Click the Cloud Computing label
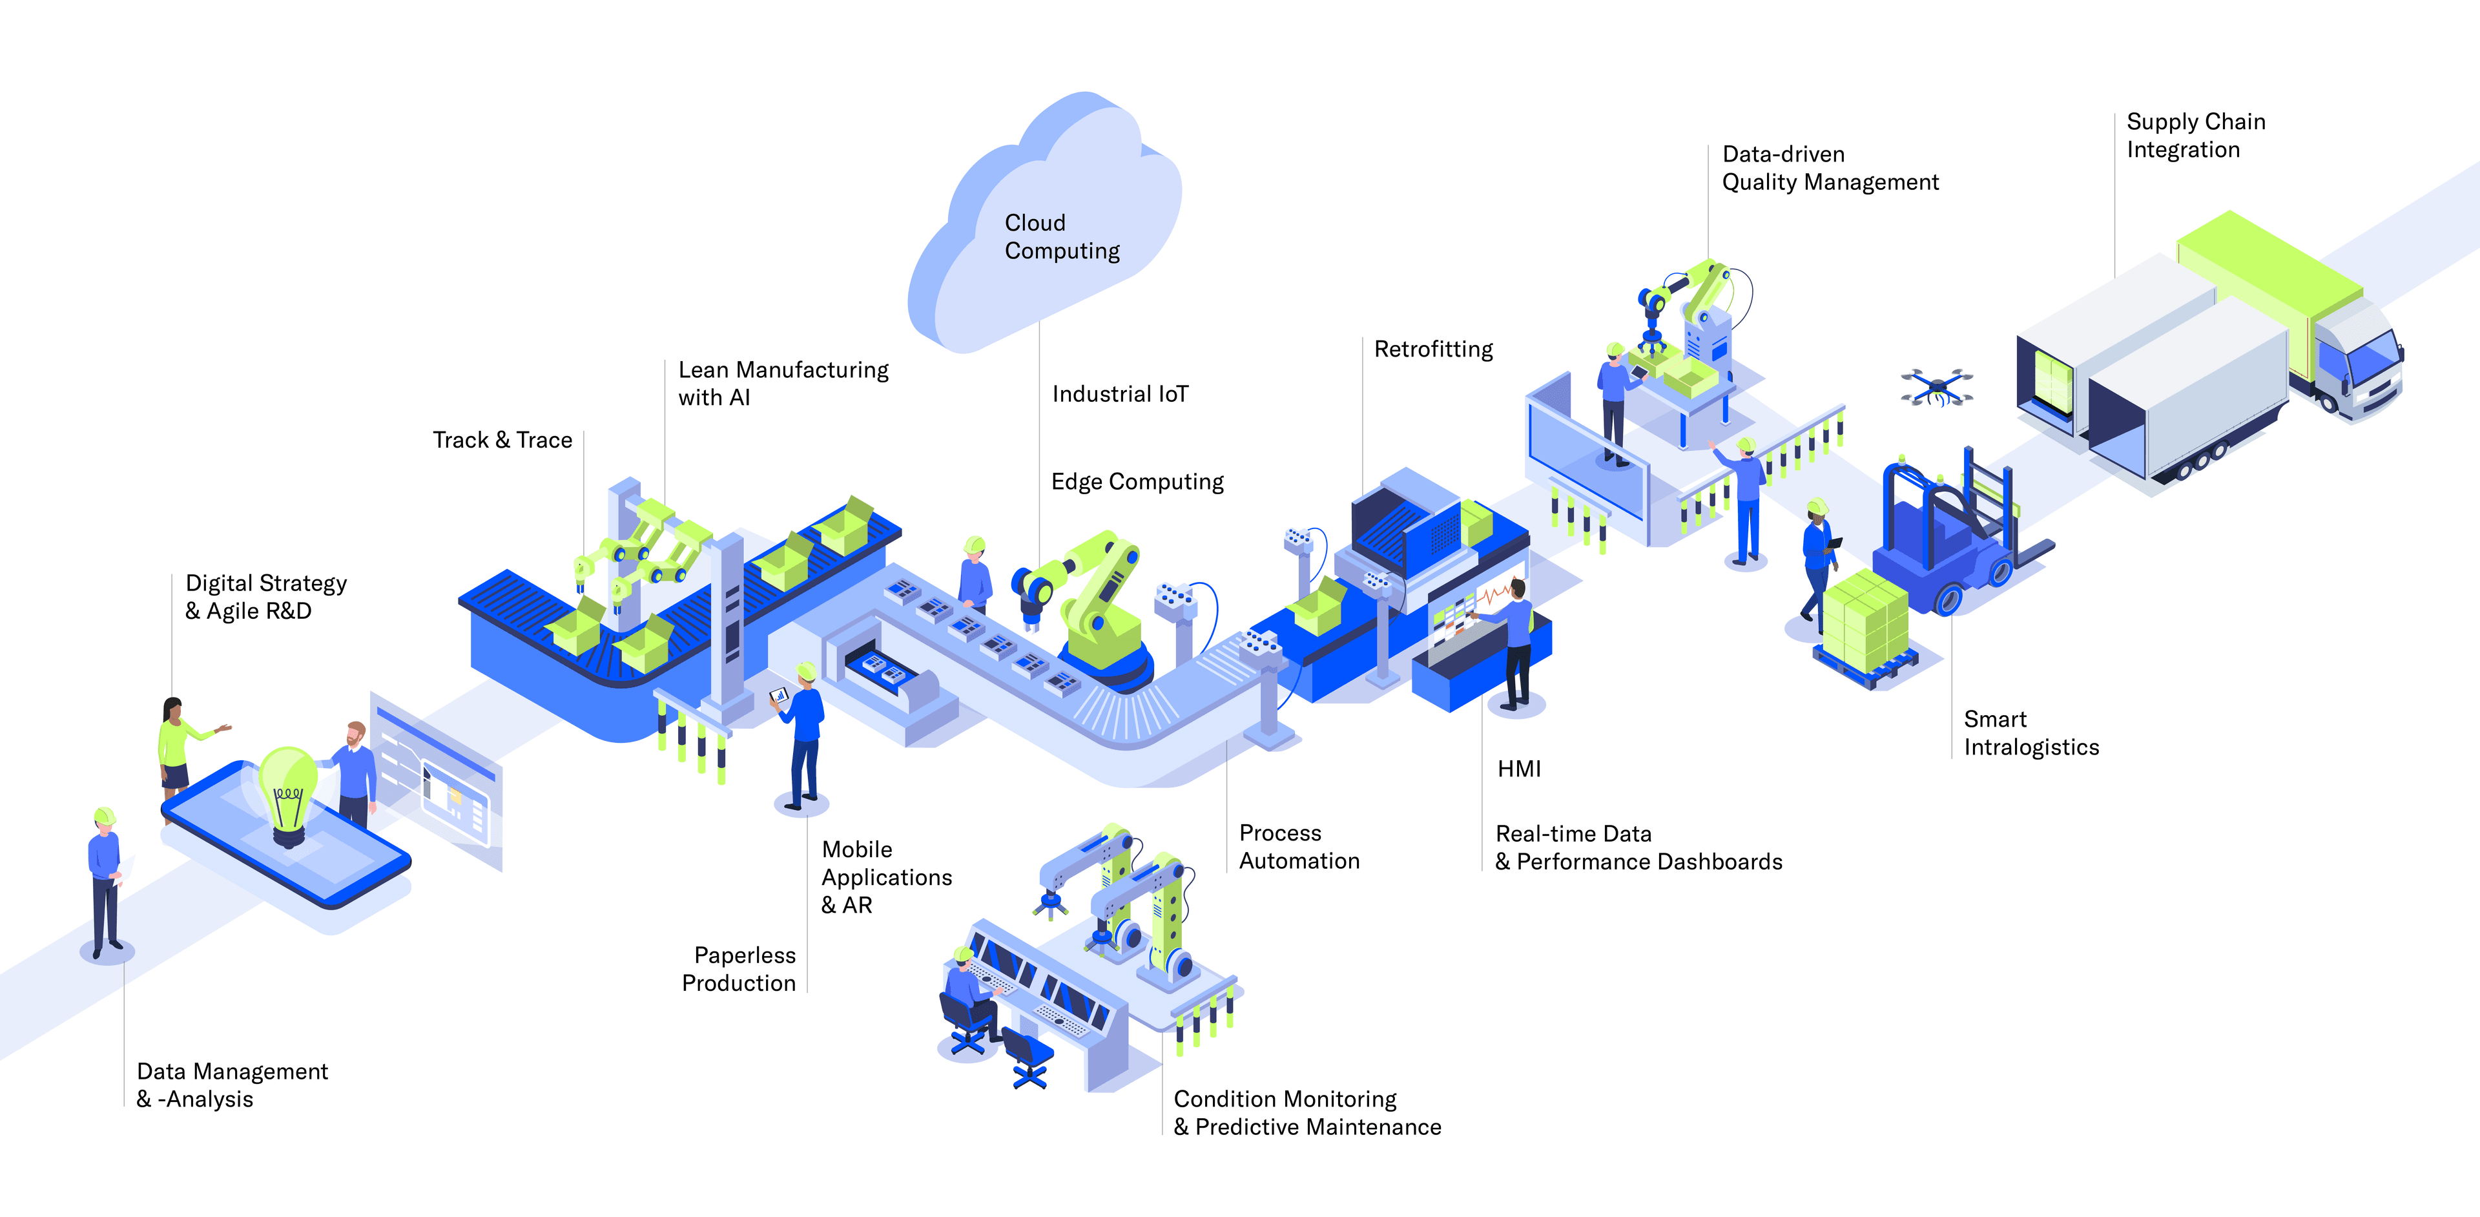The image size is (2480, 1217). point(1061,237)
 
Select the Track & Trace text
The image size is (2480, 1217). point(502,440)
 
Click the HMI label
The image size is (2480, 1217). point(1518,768)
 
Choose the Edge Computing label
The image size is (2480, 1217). point(1137,481)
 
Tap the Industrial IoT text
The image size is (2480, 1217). point(1120,394)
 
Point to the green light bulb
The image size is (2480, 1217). point(287,785)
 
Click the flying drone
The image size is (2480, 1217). point(1936,387)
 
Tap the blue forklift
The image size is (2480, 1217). point(1945,549)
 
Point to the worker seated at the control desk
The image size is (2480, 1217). point(967,992)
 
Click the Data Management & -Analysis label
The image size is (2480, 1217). point(231,1085)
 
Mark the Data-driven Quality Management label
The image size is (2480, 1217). point(1829,169)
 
